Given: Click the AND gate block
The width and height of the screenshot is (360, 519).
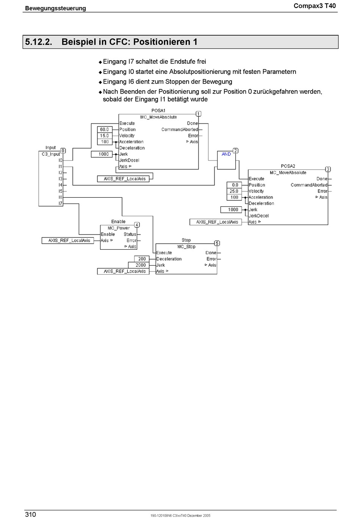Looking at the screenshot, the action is pos(226,160).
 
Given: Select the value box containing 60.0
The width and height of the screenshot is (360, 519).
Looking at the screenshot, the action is pos(105,129).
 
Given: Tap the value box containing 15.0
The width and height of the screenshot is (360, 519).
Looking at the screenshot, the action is pos(105,136).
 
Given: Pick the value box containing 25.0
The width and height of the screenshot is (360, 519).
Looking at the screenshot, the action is pos(234,191).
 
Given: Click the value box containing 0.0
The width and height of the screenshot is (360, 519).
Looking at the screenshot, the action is pos(234,185).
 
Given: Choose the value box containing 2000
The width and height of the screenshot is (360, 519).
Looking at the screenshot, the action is pos(139,265).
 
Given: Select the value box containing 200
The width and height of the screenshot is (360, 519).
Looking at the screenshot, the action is pos(142,259).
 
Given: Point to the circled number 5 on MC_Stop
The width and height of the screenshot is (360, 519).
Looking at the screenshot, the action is pos(217,243).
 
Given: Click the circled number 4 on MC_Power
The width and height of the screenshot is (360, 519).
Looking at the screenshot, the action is pos(137,225).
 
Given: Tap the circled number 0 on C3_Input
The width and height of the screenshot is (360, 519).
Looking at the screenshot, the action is pos(63,151).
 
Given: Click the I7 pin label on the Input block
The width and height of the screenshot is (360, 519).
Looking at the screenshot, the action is pos(60,203).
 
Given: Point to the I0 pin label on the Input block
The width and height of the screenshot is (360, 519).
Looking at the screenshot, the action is pos(60,160).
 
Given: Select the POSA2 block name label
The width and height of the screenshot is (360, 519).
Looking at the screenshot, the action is pos(288,166).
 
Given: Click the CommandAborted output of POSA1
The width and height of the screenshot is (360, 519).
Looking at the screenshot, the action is pos(180,129).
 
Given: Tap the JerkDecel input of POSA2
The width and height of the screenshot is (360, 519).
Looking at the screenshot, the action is pos(258,216).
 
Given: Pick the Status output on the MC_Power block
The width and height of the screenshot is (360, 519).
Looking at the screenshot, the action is pos(130,234).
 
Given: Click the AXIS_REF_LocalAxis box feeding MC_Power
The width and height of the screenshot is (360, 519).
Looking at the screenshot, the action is pos(68,241).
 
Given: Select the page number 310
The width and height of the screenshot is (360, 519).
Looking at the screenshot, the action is pos(30,514).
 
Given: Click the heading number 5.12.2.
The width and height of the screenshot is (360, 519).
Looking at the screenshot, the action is pos(39,42).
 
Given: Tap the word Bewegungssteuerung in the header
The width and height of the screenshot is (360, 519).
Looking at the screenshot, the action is pos(55,8).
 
